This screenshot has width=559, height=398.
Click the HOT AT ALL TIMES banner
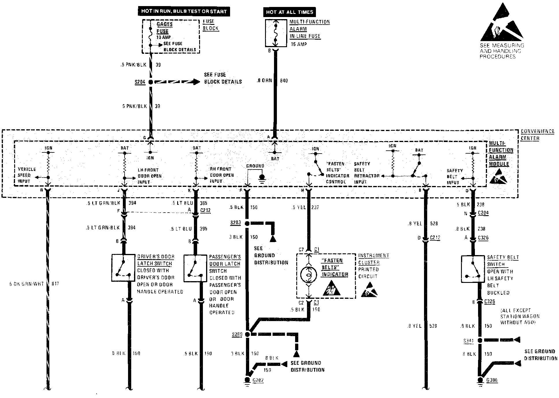(x=290, y=12)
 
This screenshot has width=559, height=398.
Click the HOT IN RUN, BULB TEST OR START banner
(x=184, y=12)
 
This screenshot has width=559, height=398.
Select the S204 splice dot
(x=151, y=82)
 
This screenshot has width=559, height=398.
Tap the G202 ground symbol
(x=247, y=380)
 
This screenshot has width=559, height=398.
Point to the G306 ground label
(x=492, y=380)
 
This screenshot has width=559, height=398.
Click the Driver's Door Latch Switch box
(x=123, y=268)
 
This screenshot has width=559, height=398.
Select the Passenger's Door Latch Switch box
(x=195, y=268)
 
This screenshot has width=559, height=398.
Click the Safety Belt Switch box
(x=473, y=269)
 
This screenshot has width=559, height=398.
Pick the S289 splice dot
(x=247, y=334)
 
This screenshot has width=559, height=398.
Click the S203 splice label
(x=236, y=223)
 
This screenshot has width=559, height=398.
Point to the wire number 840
(x=284, y=81)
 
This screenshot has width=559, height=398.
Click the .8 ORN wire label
(x=264, y=81)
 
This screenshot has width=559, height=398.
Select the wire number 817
(x=55, y=284)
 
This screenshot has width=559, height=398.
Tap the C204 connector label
(x=483, y=213)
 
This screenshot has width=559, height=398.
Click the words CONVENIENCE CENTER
(x=537, y=135)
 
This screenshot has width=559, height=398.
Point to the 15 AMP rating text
(x=299, y=44)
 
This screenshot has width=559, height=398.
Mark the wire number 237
(x=315, y=207)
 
